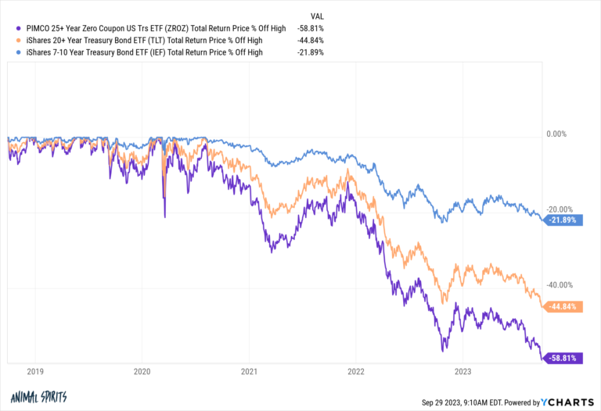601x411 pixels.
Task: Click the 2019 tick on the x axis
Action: tap(34, 372)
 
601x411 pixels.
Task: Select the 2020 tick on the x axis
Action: tap(142, 372)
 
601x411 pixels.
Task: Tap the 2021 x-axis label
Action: tap(249, 372)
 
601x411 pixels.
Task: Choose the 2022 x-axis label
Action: tap(356, 372)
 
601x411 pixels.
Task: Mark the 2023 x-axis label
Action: tap(463, 372)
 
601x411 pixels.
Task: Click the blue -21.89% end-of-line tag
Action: tap(563, 220)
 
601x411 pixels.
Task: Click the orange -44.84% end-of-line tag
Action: tap(563, 307)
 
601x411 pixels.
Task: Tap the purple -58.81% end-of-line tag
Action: tap(563, 359)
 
